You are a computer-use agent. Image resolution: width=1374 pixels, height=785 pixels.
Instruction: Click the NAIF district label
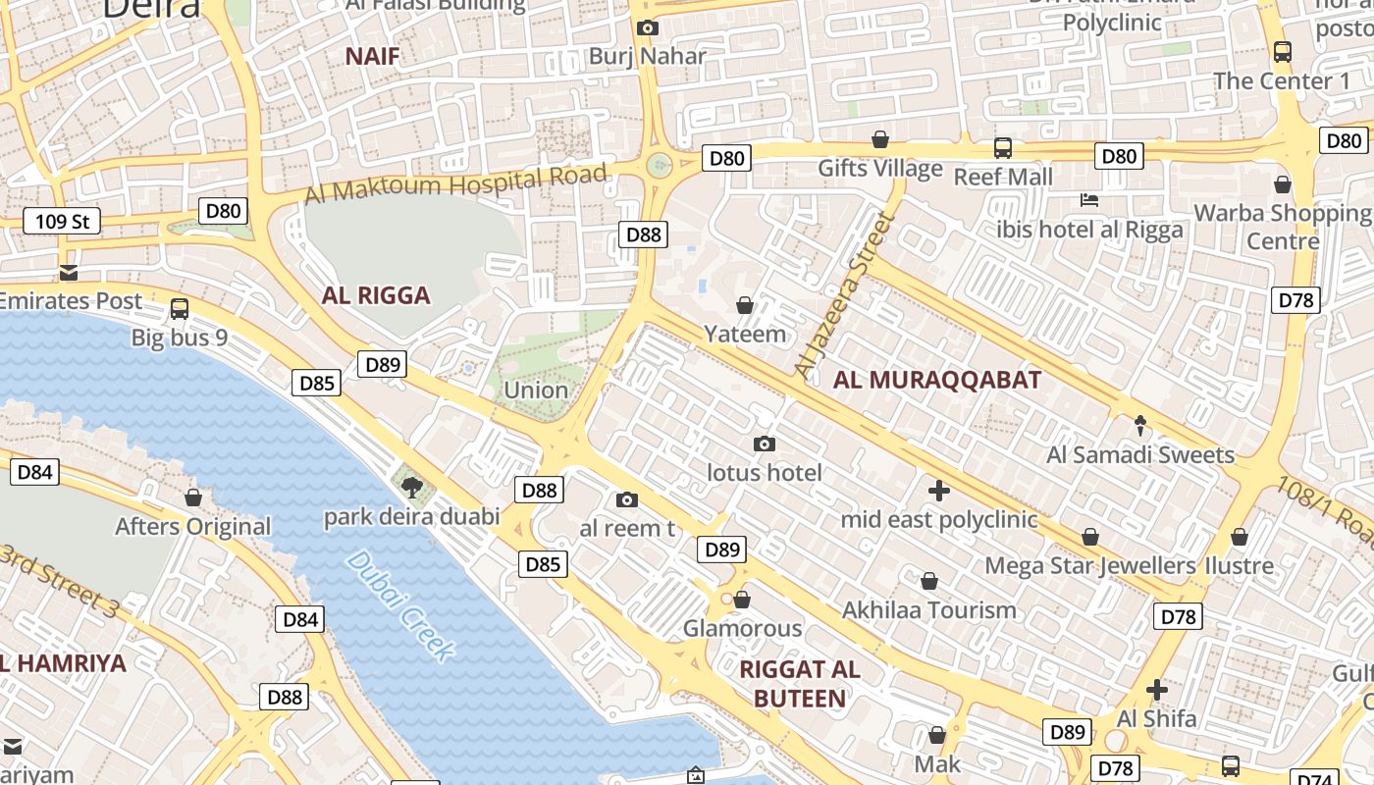[x=372, y=56]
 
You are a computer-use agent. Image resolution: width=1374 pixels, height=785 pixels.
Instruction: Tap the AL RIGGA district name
[x=376, y=295]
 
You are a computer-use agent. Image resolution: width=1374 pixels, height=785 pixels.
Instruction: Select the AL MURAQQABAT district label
[x=936, y=381]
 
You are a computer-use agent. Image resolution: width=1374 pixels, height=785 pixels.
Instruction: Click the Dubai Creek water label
[x=400, y=604]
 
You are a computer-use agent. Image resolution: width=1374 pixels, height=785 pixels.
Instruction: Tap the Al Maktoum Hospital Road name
[x=455, y=183]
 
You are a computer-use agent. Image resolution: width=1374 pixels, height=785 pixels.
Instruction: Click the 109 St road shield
[x=62, y=221]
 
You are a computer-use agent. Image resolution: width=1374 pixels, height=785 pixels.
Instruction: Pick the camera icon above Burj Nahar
[x=647, y=27]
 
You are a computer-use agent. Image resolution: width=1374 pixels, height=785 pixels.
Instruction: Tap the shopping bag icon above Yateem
[x=745, y=306]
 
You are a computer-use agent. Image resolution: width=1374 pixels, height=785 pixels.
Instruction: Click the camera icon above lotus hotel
[x=765, y=445]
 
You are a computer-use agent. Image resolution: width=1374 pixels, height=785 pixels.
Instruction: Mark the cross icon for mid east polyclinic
[x=939, y=490]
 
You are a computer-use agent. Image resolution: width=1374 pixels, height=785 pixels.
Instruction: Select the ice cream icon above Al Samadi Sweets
[x=1139, y=426]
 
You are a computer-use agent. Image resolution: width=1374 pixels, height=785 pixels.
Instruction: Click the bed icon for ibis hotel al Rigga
[x=1088, y=200]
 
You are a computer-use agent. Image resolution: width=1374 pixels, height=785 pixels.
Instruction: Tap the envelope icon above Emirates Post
[x=69, y=272]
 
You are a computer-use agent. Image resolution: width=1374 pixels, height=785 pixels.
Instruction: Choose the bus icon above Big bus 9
[x=180, y=309]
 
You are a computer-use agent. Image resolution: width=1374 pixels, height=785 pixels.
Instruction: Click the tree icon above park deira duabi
[x=412, y=486]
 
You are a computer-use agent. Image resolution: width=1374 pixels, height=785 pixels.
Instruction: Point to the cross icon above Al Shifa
[x=1157, y=690]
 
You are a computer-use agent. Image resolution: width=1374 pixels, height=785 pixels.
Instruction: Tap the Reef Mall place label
[x=1003, y=178]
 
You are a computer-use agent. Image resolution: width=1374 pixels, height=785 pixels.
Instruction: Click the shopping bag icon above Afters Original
[x=193, y=497]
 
